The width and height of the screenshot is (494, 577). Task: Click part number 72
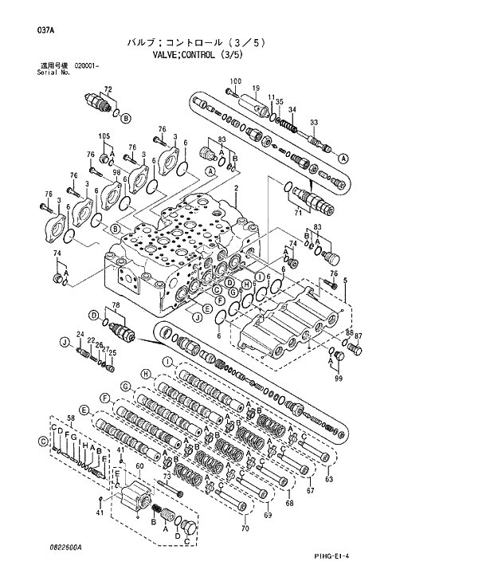(x=108, y=88)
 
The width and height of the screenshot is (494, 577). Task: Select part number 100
(x=235, y=81)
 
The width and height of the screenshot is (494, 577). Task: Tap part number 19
(x=257, y=88)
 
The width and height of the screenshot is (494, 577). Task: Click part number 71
(x=299, y=214)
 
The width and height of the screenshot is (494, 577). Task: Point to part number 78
(x=115, y=307)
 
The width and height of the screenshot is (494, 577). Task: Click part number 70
(x=245, y=528)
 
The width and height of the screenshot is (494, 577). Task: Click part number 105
(x=104, y=136)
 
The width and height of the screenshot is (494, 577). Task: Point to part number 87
(x=358, y=336)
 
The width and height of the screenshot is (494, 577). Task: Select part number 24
(x=80, y=333)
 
